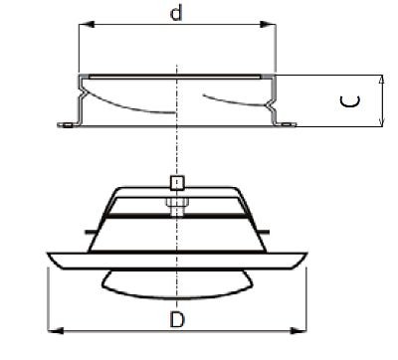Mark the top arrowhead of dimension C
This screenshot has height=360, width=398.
point(382,77)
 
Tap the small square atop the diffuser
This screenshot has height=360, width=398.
point(176,183)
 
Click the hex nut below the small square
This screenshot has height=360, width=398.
point(176,204)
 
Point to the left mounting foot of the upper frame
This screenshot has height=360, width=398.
point(67,124)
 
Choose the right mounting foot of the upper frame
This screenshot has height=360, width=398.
point(288,124)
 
